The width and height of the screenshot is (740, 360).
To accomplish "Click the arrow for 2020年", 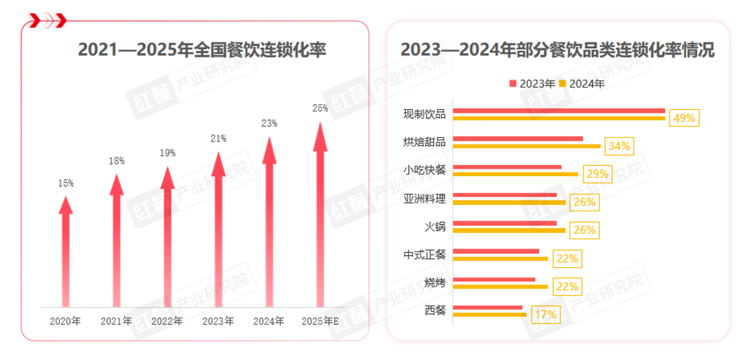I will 65,251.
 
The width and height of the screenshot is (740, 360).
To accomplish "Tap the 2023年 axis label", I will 218,320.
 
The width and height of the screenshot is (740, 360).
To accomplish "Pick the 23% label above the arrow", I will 269,124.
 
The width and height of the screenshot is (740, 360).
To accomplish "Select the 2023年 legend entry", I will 532,83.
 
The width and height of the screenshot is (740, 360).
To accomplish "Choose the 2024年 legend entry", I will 582,83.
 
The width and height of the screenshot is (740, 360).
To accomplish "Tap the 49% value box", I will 684,118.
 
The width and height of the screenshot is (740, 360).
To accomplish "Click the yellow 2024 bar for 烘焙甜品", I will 527,146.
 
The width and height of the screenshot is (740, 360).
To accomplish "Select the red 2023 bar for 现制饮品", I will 559,111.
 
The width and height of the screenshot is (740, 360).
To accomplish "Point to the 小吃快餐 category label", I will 425,170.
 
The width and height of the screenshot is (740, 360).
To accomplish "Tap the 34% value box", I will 619,146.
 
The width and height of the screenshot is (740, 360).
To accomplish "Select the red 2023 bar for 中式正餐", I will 496,251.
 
